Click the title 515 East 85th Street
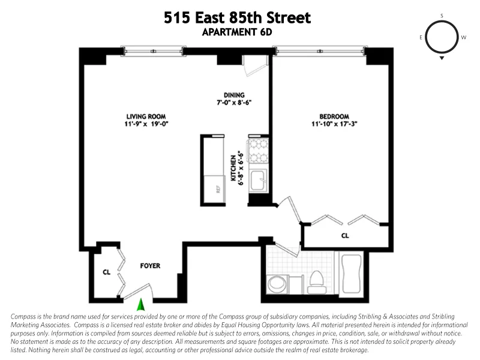coord(238,18)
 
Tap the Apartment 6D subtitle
coord(238,32)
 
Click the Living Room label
coord(146,116)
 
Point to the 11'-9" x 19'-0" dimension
coord(146,125)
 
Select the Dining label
coord(234,95)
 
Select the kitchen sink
coord(259,179)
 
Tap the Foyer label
coord(150,265)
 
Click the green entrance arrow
coord(141,304)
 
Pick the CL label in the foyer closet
coord(107,272)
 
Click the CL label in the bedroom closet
coord(345,236)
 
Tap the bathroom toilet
coord(316,282)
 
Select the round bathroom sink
coord(277,284)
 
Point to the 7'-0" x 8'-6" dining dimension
coord(234,103)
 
